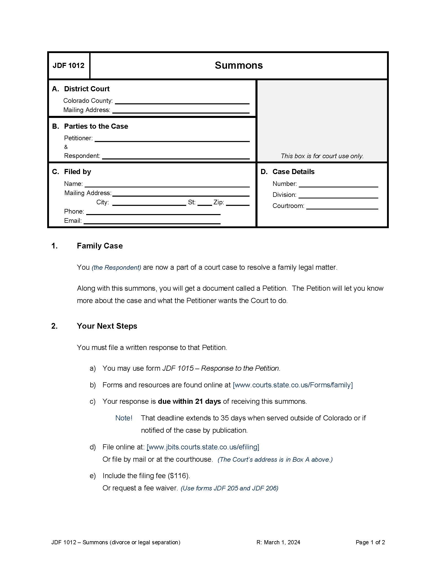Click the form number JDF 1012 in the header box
point(68,66)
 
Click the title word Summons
point(239,65)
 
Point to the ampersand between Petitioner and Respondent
point(66,147)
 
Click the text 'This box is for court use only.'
point(322,156)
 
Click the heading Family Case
point(100,246)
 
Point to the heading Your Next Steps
point(107,326)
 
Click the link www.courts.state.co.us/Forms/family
point(293,385)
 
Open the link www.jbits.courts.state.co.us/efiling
point(203,447)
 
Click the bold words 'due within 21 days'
point(189,401)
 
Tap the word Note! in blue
point(124,418)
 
